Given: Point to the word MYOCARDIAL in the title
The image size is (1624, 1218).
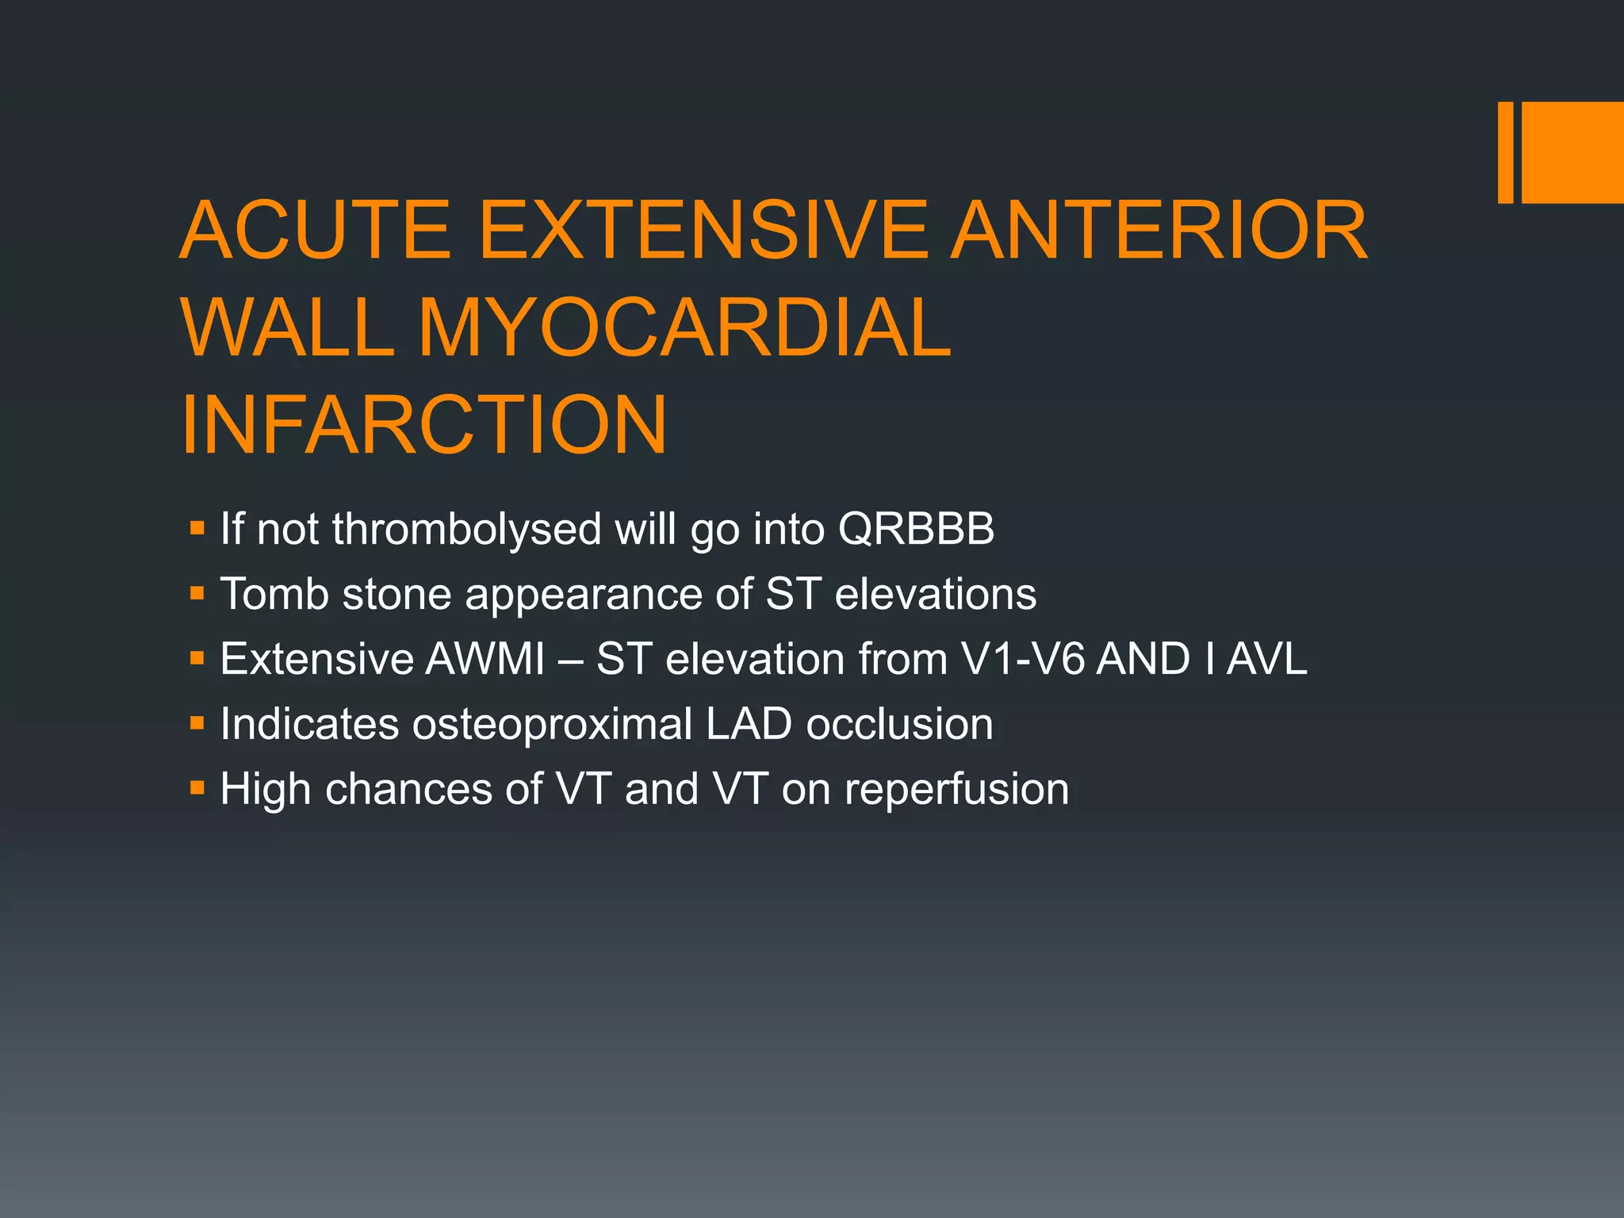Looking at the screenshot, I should pos(684,327).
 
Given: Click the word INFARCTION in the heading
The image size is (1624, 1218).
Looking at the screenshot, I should pos(424,425).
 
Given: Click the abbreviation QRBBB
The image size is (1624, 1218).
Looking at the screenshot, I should pos(916,529).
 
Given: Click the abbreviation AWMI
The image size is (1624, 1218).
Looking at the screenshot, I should pos(485,659).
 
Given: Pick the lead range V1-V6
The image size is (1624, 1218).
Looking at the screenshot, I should pos(1022,659).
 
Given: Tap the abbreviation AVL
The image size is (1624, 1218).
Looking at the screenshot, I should pos(1266,659).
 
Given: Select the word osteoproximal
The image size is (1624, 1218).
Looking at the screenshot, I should pos(552,724).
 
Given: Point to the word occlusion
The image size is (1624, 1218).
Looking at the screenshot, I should pos(899,724).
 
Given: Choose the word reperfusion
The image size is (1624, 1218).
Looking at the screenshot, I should pos(956,789).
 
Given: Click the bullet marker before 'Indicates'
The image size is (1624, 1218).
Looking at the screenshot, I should pos(197,723).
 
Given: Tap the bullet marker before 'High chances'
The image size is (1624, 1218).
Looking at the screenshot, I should pos(197,788).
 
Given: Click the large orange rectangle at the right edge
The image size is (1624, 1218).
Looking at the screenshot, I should pos(1572,152).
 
